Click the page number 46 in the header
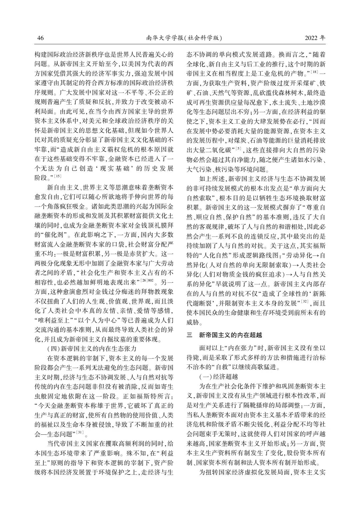(x=40, y=38)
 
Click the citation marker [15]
(x=58, y=176)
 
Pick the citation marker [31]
(x=80, y=432)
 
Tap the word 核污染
(x=238, y=169)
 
